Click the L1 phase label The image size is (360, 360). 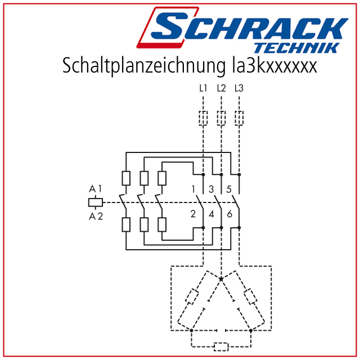203,88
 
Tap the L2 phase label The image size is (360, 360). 221,88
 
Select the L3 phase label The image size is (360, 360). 239,88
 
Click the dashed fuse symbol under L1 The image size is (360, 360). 203,118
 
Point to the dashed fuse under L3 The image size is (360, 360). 239,118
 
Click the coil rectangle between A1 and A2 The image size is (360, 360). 96,202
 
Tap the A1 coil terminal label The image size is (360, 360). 95,189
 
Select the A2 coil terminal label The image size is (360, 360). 96,216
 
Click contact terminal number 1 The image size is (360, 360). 193,189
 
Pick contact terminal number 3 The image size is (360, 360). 211,189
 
